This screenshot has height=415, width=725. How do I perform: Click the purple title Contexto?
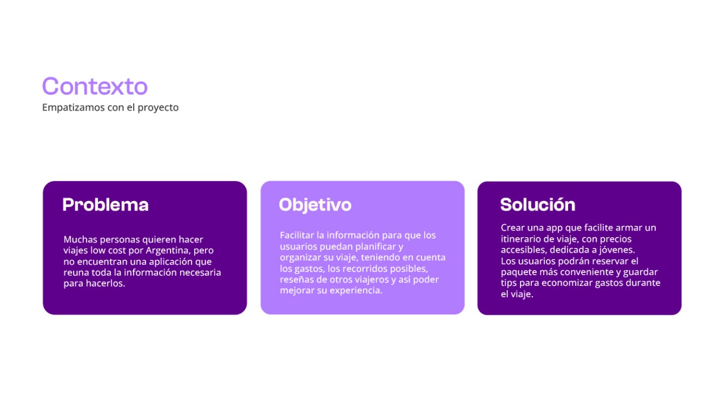click(95, 87)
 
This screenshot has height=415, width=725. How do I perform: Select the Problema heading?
click(105, 205)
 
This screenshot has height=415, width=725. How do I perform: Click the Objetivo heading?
click(315, 205)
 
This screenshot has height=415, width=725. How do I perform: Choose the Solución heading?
click(538, 204)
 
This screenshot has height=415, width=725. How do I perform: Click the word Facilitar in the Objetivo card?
click(297, 235)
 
